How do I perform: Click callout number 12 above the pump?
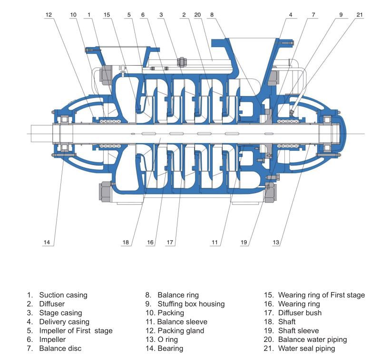pos(49,15)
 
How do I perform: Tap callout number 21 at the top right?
pos(360,15)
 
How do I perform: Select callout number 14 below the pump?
pos(47,242)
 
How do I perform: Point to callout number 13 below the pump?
pos(276,242)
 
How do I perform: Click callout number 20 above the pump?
pos(197,15)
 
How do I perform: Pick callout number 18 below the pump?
pos(126,242)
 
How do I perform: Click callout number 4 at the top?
pos(291,15)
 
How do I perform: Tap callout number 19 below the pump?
pos(244,242)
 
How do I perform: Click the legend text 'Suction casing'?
pos(63,295)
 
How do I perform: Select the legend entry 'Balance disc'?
pos(60,349)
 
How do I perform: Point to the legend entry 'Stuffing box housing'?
pos(191,304)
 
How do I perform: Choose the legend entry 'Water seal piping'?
pos(307,349)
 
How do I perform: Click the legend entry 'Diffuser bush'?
pos(300,313)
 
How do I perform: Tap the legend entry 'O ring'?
pos(167,340)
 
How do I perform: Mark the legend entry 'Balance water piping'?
pos(312,340)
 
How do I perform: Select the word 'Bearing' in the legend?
pos(170,349)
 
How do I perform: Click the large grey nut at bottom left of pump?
pos(105,191)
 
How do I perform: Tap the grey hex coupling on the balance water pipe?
pos(182,62)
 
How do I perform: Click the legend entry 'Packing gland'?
pos(181,331)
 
